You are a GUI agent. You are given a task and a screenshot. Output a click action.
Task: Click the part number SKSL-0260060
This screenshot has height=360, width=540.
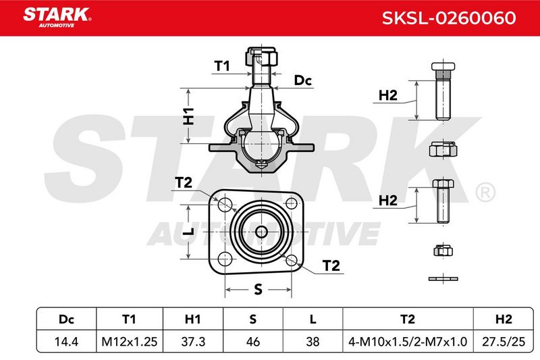pyautogui.click(x=449, y=18)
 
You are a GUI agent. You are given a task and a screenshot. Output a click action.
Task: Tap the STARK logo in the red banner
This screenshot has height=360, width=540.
pyautogui.click(x=57, y=17)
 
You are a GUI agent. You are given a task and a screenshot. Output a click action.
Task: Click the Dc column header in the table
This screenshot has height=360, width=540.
pyautogui.click(x=66, y=319)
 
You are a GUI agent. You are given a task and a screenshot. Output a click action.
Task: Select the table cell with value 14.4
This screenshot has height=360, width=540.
pyautogui.click(x=66, y=341)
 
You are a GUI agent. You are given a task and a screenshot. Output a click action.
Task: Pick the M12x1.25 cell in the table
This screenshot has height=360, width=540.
pyautogui.click(x=129, y=341)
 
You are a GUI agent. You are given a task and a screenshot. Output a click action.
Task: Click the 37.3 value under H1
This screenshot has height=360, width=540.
pyautogui.click(x=193, y=341)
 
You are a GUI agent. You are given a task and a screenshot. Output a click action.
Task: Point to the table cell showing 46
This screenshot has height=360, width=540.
pyautogui.click(x=252, y=341)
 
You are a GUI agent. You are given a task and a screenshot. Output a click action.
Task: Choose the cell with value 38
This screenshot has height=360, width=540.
pyautogui.click(x=313, y=341)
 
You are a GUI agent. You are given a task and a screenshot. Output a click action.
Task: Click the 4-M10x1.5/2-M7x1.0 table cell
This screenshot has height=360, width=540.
pyautogui.click(x=408, y=341)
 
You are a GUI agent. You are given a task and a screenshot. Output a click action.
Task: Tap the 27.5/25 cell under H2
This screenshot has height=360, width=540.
pyautogui.click(x=504, y=341)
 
